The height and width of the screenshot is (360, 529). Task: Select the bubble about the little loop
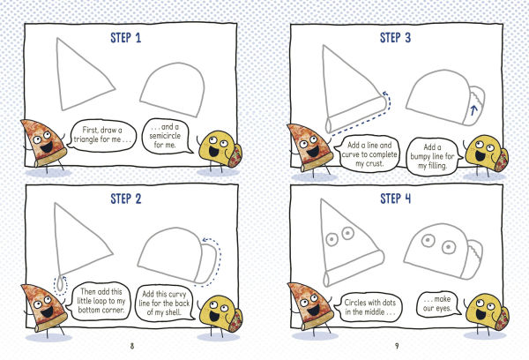(102, 296)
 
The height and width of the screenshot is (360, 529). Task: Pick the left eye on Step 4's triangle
(332, 237)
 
